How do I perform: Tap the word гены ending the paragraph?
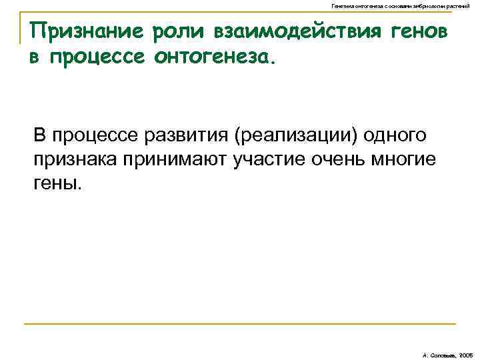(57, 183)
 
